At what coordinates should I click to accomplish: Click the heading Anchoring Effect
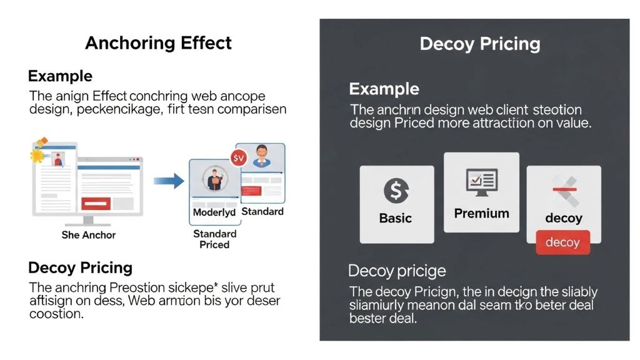tap(158, 43)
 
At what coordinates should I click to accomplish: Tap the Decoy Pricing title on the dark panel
tap(479, 44)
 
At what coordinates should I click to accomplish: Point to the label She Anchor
tap(89, 235)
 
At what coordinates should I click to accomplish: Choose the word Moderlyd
tap(214, 212)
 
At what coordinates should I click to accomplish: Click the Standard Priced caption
tap(214, 239)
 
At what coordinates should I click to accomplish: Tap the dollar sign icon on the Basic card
tap(396, 190)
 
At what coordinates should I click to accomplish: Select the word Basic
tap(395, 218)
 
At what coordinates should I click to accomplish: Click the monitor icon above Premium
tap(481, 182)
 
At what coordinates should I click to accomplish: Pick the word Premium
tap(481, 213)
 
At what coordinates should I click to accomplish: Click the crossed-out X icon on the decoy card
tap(564, 191)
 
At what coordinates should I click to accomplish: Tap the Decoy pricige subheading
tap(397, 271)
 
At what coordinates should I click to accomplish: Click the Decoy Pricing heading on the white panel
tap(80, 268)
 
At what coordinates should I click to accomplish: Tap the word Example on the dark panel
tap(384, 89)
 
